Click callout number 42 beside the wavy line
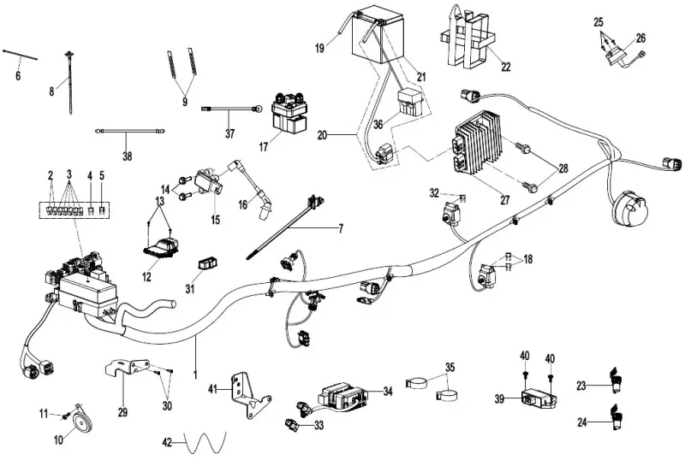pos(168,442)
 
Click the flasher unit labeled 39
pos(537,398)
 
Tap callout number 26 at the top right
pos(641,38)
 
